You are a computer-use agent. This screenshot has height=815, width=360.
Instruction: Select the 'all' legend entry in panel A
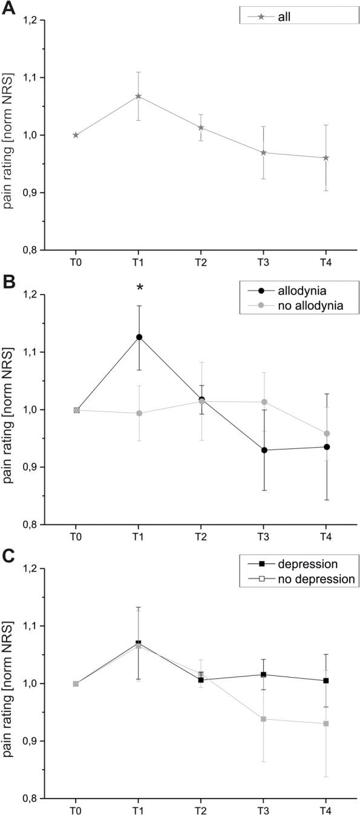(284, 17)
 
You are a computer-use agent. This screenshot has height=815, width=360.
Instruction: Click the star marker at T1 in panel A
(139, 96)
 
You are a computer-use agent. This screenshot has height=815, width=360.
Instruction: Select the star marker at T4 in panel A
(326, 158)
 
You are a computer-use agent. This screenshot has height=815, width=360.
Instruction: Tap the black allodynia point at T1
(139, 337)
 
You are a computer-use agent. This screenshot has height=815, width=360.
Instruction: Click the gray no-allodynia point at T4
(326, 434)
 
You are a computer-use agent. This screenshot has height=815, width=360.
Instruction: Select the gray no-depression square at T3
(263, 719)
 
